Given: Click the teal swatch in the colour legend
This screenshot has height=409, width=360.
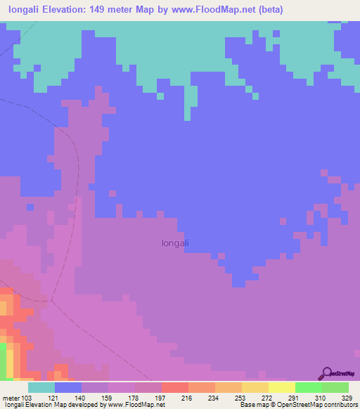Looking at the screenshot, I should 41,388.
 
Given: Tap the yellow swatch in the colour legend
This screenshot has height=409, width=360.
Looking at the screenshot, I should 282,388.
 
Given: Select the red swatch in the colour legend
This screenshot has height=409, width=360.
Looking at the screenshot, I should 175,388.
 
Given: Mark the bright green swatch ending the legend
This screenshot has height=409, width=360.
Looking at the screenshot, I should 335,388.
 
